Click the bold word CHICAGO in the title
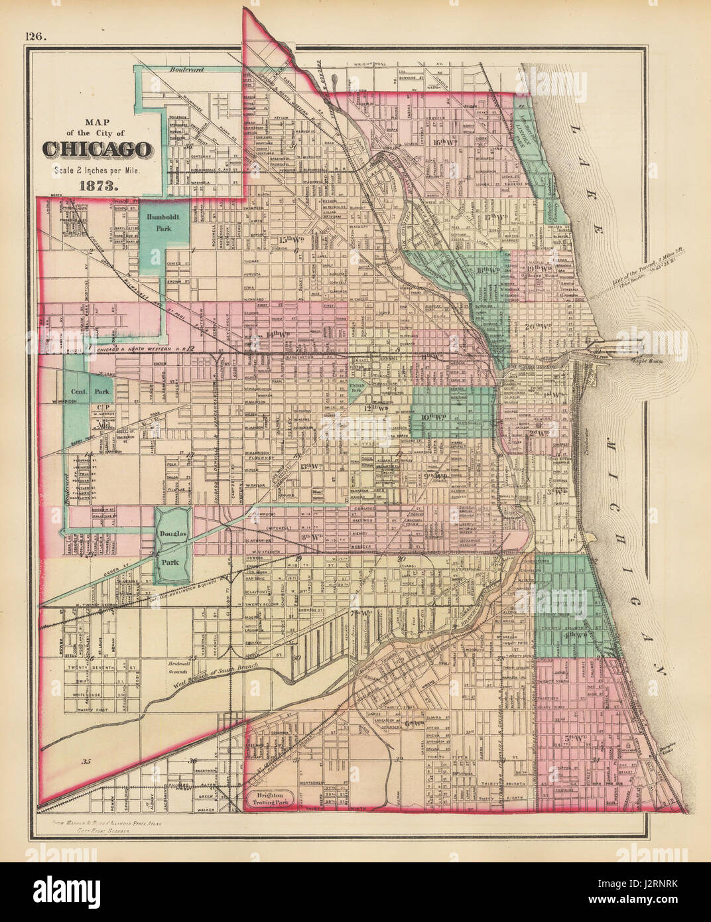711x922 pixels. tap(97, 150)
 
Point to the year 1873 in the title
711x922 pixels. tap(97, 186)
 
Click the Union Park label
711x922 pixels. tap(357, 388)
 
